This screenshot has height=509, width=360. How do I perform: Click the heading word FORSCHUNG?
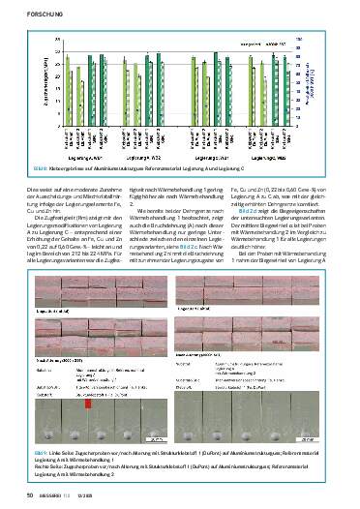(x=25, y=12)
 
